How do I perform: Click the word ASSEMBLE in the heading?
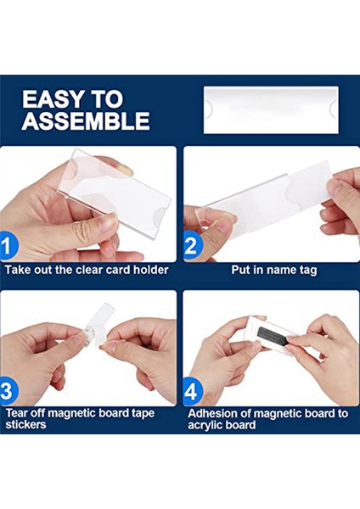click(86, 120)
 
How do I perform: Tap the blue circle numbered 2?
click(193, 246)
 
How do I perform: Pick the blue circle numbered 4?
click(193, 390)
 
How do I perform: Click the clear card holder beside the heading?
click(271, 109)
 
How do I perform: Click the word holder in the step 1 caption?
click(151, 270)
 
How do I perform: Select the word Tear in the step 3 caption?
click(16, 413)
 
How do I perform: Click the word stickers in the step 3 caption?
click(25, 424)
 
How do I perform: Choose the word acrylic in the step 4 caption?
click(204, 425)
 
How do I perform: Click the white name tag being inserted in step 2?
click(308, 187)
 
